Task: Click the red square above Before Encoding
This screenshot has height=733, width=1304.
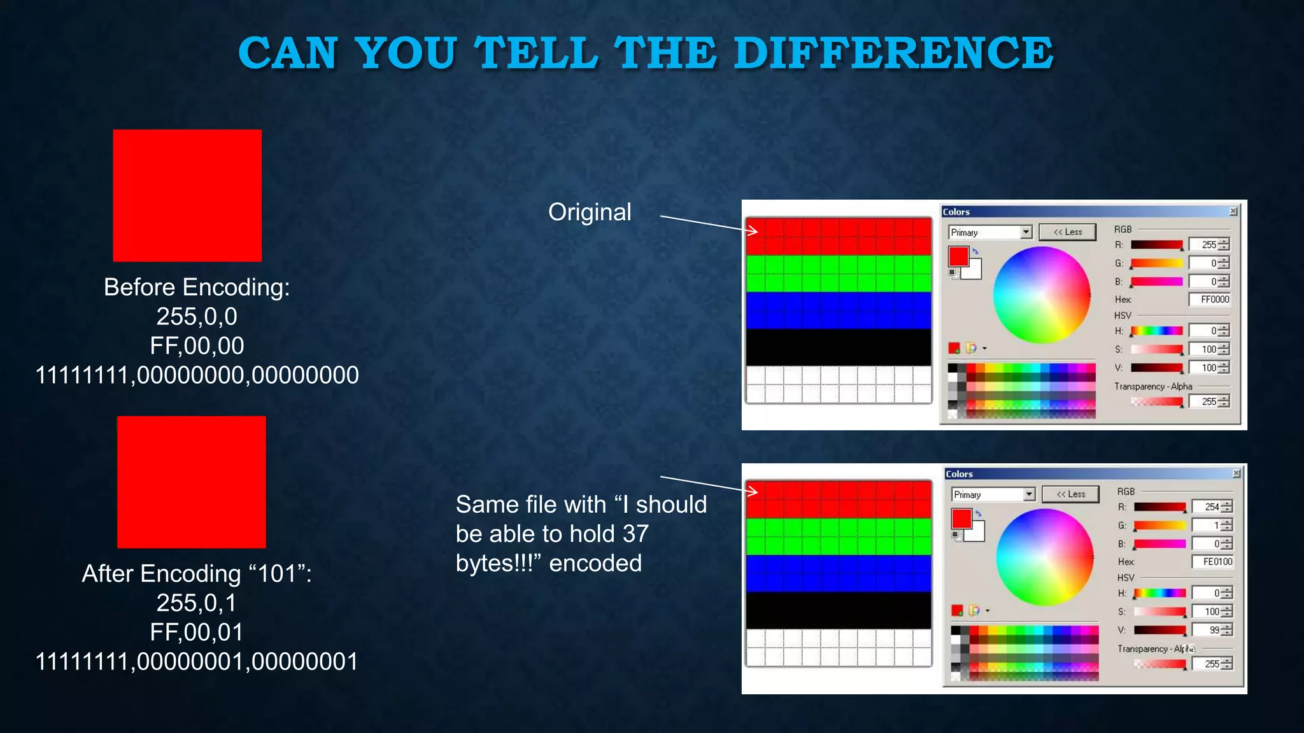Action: pyautogui.click(x=187, y=195)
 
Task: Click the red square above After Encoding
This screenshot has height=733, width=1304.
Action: pyautogui.click(x=191, y=482)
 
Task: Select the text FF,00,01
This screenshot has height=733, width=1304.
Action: pyautogui.click(x=197, y=632)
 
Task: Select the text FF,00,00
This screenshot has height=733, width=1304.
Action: pyautogui.click(x=197, y=346)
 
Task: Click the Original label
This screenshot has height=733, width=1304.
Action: pyautogui.click(x=590, y=212)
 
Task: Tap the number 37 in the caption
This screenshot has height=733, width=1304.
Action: pyautogui.click(x=635, y=534)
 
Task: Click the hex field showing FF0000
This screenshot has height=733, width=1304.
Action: pyautogui.click(x=1210, y=300)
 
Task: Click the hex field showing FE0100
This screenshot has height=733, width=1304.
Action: pyautogui.click(x=1213, y=562)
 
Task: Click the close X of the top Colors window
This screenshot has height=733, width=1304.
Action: pyautogui.click(x=1233, y=211)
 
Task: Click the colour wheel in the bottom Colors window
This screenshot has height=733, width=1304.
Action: pyautogui.click(x=1044, y=557)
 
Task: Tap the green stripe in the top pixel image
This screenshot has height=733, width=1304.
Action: pyautogui.click(x=838, y=274)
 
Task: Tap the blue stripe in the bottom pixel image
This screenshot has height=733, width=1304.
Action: pyautogui.click(x=838, y=573)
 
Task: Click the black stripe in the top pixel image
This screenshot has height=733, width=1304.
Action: pyautogui.click(x=838, y=347)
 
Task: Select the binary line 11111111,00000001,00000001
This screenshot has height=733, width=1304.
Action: pyautogui.click(x=197, y=662)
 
